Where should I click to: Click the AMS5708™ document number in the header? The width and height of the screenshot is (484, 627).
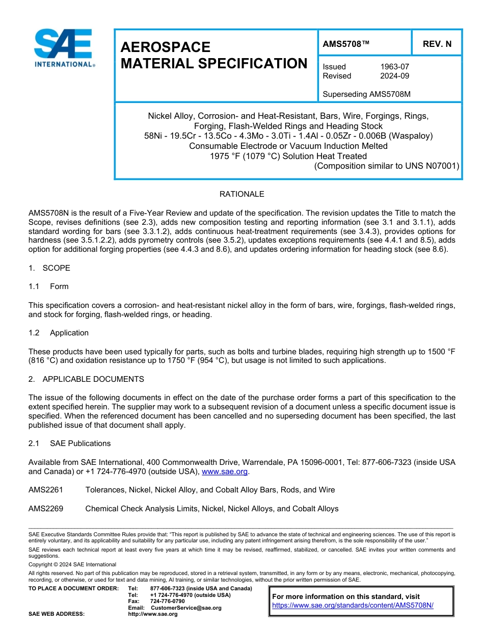pos(346,44)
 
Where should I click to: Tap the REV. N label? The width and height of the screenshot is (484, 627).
pos(437,44)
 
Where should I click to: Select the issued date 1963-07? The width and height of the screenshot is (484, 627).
pos(394,67)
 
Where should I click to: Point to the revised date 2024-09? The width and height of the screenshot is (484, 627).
pos(394,76)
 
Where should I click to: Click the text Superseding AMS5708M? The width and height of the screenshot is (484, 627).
pos(367,94)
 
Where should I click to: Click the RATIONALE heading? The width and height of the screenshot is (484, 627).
pos(241,194)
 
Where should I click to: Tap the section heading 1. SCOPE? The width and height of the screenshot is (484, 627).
pos(49,268)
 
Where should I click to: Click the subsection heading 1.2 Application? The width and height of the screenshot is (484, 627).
pos(59,333)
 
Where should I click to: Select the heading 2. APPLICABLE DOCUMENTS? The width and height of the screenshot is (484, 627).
pos(86,379)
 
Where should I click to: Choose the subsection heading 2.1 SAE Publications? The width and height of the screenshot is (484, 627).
pos(69,443)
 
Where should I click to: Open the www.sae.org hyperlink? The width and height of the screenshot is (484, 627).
pos(225,472)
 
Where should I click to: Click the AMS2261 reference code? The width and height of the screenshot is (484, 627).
pos(46,490)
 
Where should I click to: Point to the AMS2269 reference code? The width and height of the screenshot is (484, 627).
pos(46,509)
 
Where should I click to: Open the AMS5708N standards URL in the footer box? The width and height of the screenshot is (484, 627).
pos(353,606)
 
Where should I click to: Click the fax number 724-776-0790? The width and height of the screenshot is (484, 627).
pos(167,602)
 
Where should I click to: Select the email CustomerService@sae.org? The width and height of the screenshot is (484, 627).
pos(186,608)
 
